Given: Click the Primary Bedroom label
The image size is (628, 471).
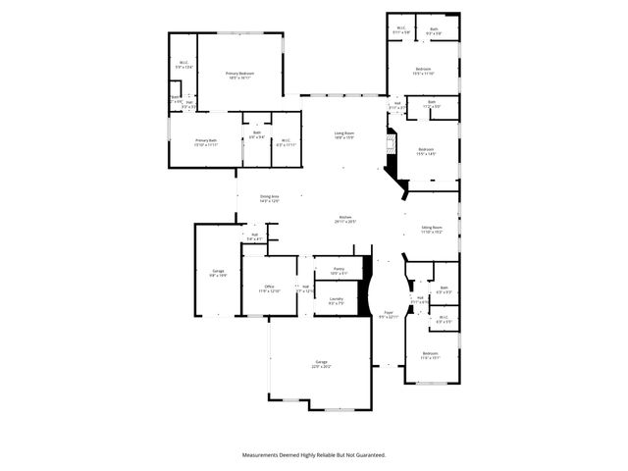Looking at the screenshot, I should tap(240, 76).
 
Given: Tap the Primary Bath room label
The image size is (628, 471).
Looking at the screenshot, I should tap(205, 142).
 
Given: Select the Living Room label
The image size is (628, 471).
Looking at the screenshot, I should tap(343, 135).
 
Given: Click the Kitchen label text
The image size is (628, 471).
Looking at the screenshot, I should tap(345, 220).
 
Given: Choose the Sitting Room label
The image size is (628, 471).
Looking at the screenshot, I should tap(433, 230).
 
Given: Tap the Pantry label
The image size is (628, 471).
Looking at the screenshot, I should tap(338, 270).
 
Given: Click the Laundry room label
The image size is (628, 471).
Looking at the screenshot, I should tap(336, 301).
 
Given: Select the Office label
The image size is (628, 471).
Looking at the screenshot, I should tap(269, 289).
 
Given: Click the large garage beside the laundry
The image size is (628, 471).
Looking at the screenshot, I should tap(321, 364).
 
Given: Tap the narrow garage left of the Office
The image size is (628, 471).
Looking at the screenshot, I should tap(217, 274).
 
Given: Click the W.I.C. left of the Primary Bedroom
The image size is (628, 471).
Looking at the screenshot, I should tap(183, 66).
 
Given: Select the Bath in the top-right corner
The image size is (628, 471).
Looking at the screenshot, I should tap(434, 31).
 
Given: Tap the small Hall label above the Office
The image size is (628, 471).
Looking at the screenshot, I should tap(254, 236).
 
